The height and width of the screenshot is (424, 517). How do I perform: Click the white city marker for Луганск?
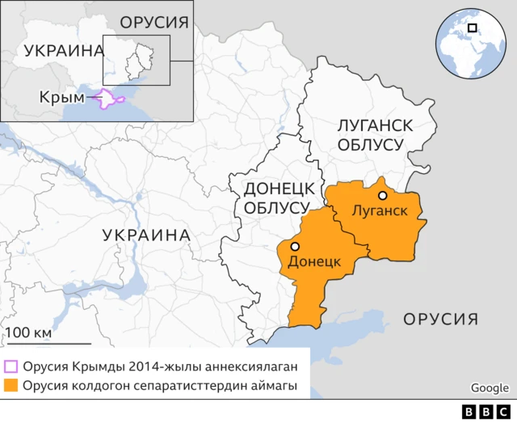click(x=382, y=195)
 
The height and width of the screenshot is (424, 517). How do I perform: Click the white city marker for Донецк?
click(x=296, y=246)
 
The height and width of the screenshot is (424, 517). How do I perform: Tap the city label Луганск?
click(x=378, y=211)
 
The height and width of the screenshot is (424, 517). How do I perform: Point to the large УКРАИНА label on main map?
click(x=146, y=235)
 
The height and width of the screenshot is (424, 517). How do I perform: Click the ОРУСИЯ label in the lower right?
click(x=441, y=318)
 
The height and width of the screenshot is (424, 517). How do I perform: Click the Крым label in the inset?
click(x=61, y=98)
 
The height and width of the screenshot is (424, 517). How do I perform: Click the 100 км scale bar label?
click(x=29, y=333)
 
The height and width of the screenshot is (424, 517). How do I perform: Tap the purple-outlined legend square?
click(x=11, y=366)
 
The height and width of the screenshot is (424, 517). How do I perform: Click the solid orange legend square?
click(x=11, y=386)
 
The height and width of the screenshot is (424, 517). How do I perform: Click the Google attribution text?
click(x=490, y=388)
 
